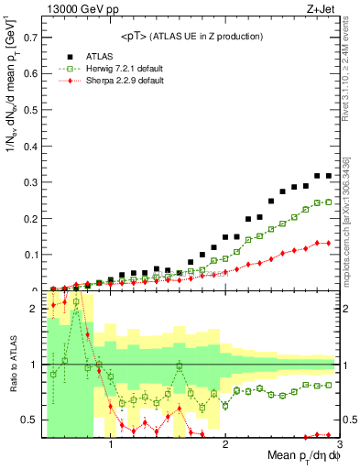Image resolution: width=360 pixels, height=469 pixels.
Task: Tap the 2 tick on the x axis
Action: coord(225,446)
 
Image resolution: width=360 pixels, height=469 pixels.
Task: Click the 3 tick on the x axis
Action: coord(338,446)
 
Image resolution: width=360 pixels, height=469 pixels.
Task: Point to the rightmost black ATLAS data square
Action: coord(328,175)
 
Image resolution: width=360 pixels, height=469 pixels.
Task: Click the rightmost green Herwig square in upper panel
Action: coord(328,202)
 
